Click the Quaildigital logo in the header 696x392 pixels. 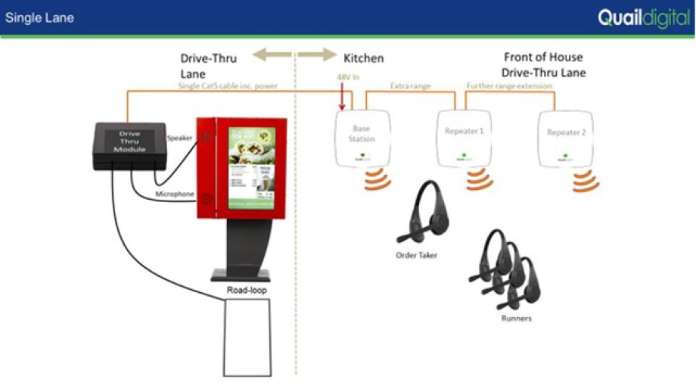click(x=643, y=17)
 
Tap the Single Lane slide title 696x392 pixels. click(x=39, y=17)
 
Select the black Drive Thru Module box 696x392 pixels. click(x=129, y=145)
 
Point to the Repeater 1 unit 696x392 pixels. click(x=464, y=137)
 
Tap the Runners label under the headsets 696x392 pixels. click(x=516, y=319)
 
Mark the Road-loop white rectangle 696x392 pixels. click(x=248, y=338)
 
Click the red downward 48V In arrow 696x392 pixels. click(x=343, y=98)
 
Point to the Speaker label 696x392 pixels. click(x=179, y=138)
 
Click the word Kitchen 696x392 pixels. click(x=363, y=58)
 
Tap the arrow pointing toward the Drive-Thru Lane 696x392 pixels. click(x=270, y=55)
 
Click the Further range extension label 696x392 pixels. click(x=509, y=86)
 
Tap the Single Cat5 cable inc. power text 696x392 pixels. click(x=228, y=86)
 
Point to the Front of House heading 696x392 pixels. click(x=544, y=58)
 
